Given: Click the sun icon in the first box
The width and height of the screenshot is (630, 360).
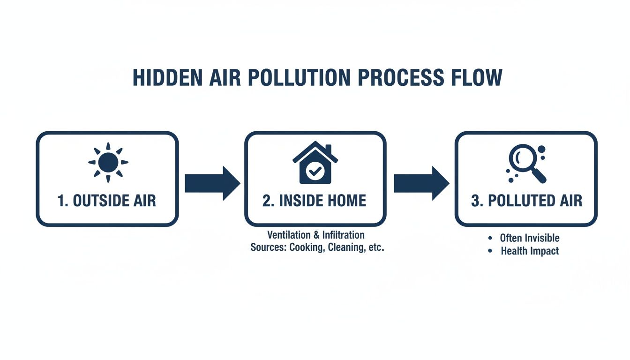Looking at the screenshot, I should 108,162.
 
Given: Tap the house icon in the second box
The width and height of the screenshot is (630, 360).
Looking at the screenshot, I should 315,163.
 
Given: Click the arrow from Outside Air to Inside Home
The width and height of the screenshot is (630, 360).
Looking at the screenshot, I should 212,183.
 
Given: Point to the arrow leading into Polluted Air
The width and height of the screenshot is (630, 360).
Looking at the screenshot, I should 421,183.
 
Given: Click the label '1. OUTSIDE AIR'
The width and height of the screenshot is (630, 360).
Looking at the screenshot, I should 107,201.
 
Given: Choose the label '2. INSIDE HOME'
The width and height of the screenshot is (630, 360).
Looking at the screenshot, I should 315,201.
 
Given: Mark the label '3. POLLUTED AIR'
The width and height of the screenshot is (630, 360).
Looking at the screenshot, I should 526,201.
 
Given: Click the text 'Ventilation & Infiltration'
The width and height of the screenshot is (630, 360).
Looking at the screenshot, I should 315,234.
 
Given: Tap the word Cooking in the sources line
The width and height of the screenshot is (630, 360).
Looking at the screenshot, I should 306,247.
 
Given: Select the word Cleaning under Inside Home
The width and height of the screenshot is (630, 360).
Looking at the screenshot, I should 345,247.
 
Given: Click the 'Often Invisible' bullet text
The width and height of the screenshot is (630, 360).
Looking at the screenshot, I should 530,238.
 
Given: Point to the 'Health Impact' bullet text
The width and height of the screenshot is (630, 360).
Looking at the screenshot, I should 530,251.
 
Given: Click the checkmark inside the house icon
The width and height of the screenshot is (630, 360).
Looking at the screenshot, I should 313,172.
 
